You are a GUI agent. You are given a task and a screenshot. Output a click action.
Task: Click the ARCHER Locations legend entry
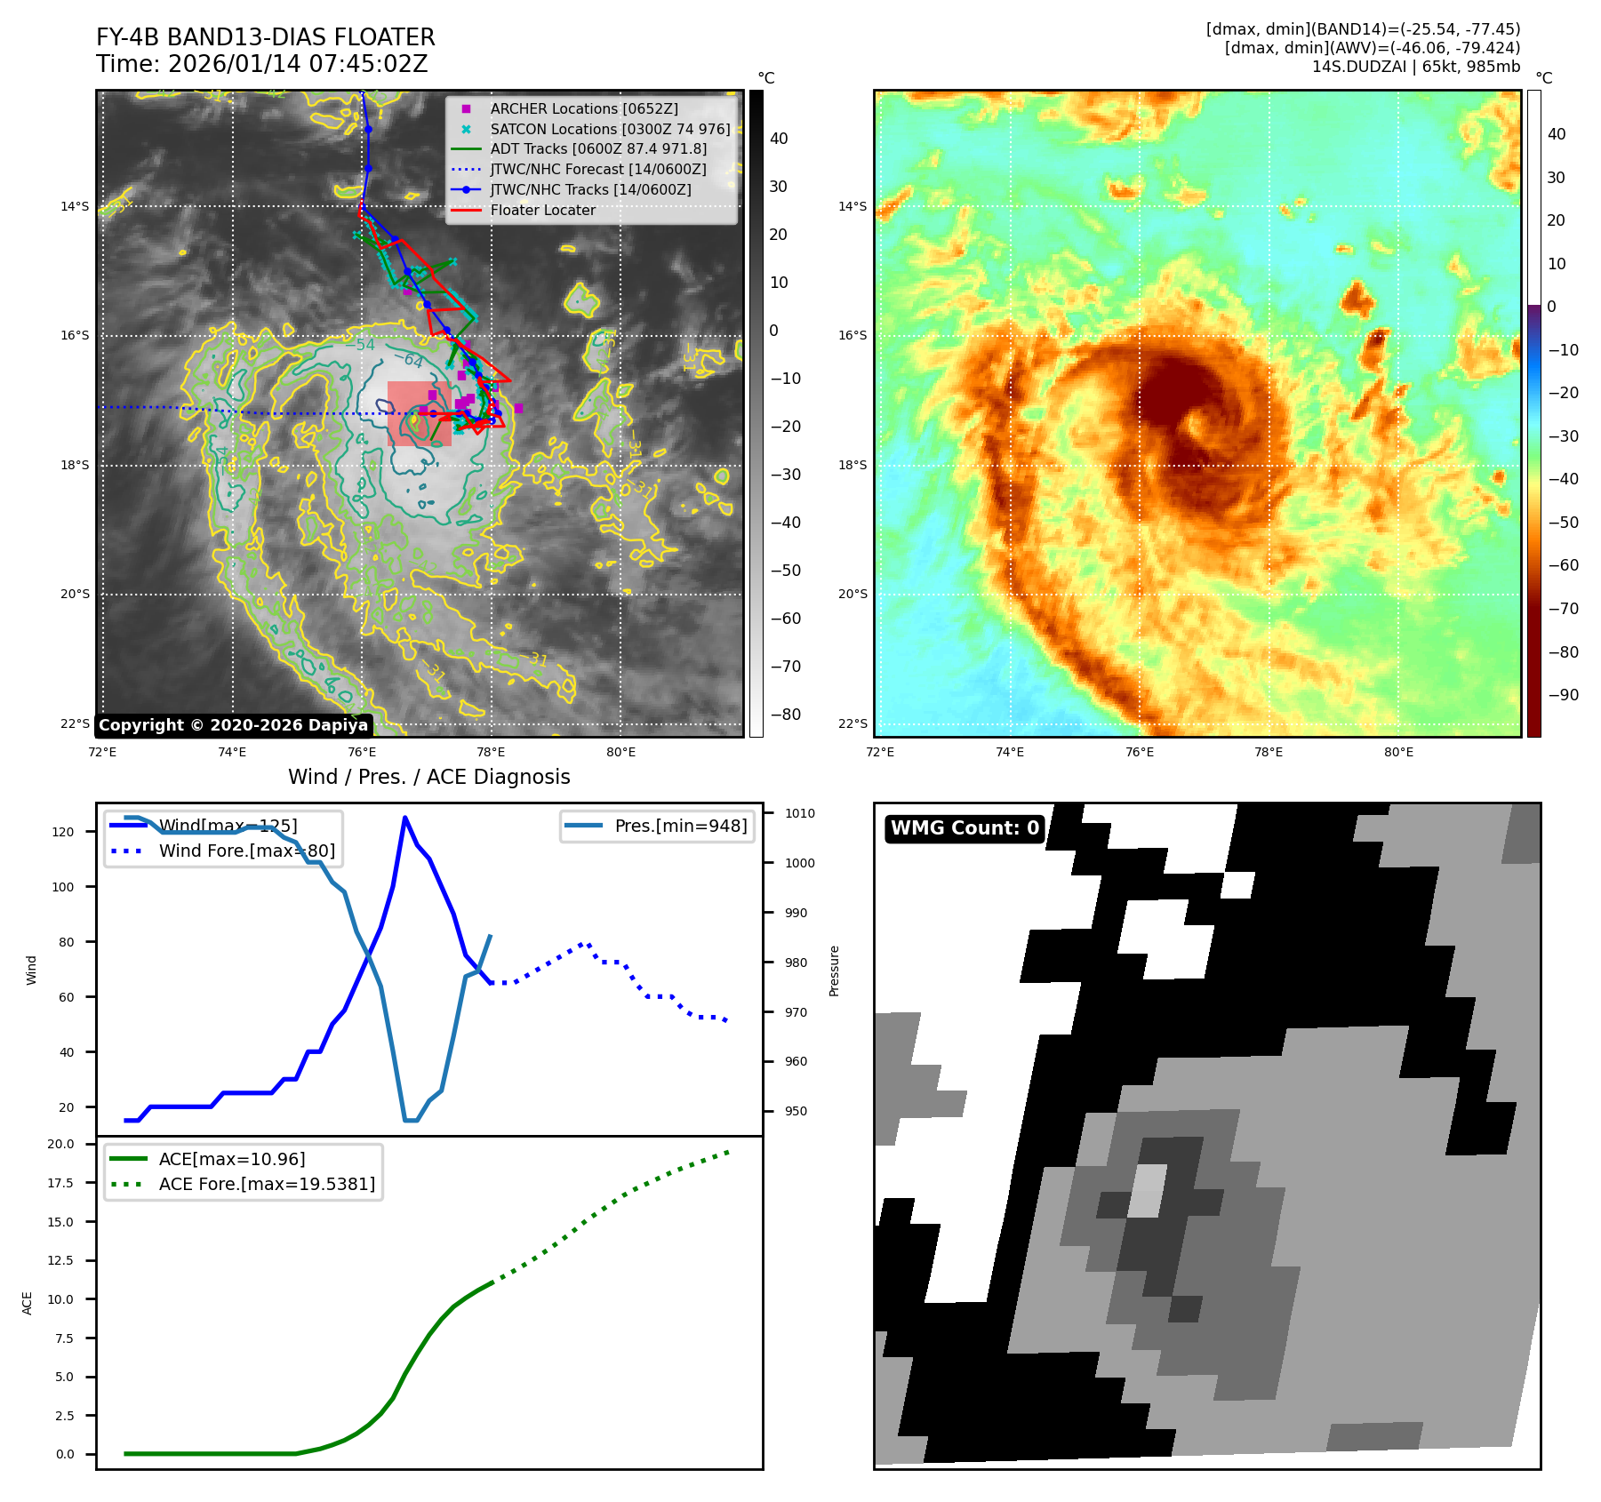[x=583, y=108]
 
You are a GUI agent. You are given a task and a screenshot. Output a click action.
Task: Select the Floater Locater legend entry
[x=542, y=210]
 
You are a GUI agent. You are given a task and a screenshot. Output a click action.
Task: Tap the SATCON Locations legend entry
[x=610, y=129]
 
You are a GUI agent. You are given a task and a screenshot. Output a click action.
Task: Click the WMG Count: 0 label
[x=965, y=828]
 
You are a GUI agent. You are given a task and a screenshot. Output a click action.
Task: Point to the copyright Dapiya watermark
[x=233, y=725]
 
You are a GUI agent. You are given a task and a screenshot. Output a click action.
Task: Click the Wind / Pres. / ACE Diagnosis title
[x=428, y=777]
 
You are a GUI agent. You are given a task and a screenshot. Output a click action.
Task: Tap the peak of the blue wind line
[x=404, y=818]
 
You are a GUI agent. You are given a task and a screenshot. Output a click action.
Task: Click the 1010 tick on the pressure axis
[x=800, y=813]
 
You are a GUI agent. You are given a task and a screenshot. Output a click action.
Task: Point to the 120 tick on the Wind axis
[x=63, y=832]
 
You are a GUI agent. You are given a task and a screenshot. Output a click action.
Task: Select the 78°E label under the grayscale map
[x=491, y=752]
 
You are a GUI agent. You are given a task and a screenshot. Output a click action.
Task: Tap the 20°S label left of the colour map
[x=853, y=594]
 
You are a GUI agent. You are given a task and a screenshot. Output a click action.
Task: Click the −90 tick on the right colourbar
[x=1563, y=695]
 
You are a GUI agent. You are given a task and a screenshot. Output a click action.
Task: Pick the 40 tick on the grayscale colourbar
[x=779, y=139]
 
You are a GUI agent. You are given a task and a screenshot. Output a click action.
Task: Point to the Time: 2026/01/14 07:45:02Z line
[x=262, y=64]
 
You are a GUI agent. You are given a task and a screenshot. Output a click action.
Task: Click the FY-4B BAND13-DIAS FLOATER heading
[x=266, y=37]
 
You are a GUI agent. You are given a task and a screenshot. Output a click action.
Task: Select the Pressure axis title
[x=834, y=971]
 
